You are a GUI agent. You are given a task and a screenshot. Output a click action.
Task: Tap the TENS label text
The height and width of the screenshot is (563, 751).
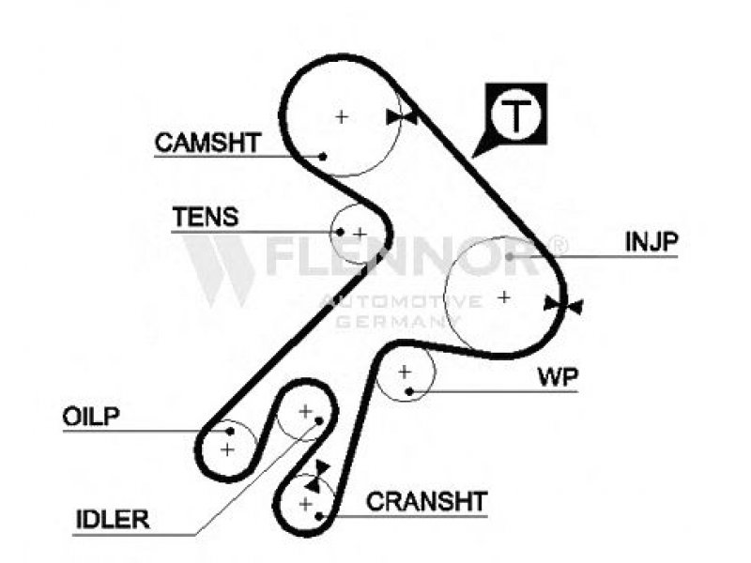pyautogui.click(x=205, y=218)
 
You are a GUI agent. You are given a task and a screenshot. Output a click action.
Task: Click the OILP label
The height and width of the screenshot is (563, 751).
pyautogui.click(x=93, y=416)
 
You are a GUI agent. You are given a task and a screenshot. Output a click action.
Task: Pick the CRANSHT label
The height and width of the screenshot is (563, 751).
pyautogui.click(x=426, y=501)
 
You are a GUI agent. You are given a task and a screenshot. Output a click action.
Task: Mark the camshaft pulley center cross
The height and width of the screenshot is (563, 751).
pyautogui.click(x=342, y=117)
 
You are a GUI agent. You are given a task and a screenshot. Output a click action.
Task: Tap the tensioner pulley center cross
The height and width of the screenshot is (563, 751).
pyautogui.click(x=360, y=233)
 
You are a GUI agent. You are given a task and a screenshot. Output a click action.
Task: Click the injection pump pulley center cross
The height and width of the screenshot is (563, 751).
pyautogui.click(x=504, y=297)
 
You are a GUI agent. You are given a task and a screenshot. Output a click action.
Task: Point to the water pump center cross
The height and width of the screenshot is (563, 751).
pyautogui.click(x=405, y=372)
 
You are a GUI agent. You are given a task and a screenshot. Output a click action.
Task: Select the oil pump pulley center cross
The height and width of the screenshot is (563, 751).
pyautogui.click(x=227, y=449)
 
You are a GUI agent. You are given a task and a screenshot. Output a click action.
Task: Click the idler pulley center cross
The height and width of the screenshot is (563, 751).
pyautogui.click(x=304, y=411)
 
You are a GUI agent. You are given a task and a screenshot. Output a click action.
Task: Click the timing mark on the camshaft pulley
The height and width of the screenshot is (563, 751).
pyautogui.click(x=402, y=116)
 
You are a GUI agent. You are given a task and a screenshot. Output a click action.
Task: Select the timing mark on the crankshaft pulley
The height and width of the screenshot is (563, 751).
pyautogui.click(x=321, y=469)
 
